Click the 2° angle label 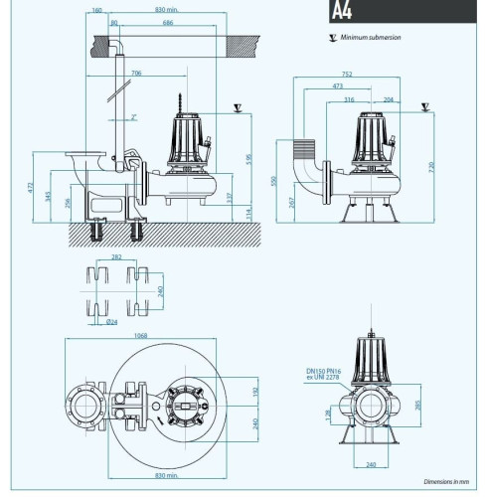(x=133, y=116)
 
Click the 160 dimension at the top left (x=96, y=11)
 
